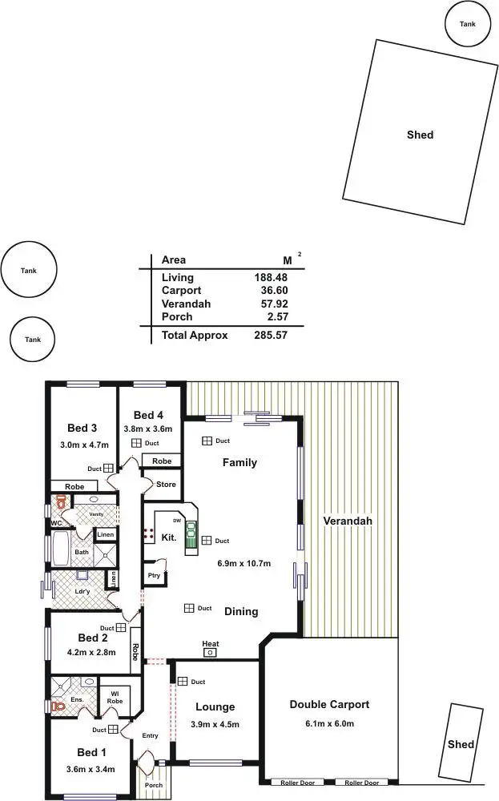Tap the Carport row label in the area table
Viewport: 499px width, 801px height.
(x=181, y=291)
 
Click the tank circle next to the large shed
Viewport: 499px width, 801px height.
(x=467, y=24)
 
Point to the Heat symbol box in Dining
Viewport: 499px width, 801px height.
(x=211, y=653)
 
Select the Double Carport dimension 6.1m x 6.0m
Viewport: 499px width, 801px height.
(x=329, y=723)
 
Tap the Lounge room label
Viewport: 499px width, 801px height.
(x=215, y=706)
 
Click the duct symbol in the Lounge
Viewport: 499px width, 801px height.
(x=183, y=682)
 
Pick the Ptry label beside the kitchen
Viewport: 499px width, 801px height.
(x=153, y=575)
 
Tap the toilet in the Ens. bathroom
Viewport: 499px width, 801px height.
(x=57, y=706)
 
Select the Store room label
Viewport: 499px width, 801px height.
(x=165, y=484)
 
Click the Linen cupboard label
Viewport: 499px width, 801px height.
(x=105, y=535)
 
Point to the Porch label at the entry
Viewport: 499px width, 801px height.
(x=153, y=785)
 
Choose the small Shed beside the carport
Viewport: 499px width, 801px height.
(x=461, y=743)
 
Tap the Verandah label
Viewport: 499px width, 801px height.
(x=348, y=521)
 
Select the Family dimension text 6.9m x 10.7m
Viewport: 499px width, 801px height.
(x=243, y=564)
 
